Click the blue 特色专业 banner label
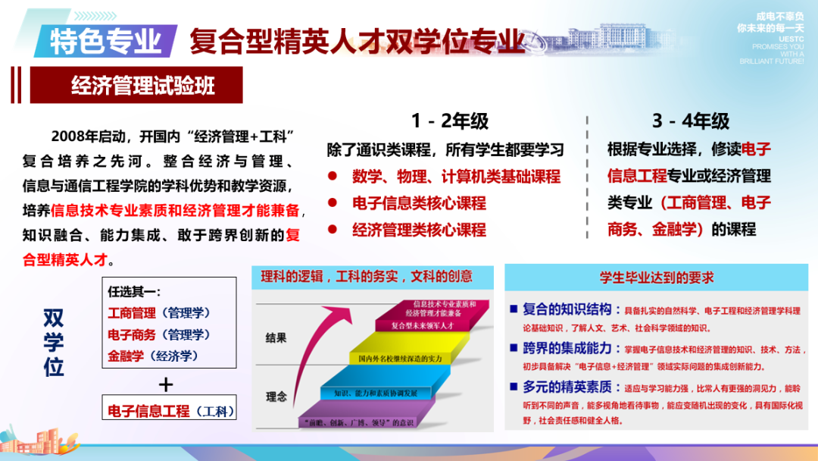[x=105, y=40]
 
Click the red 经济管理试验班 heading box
[x=136, y=85]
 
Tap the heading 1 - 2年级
[x=450, y=121]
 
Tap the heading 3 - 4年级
[x=690, y=121]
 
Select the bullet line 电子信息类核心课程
[x=419, y=203]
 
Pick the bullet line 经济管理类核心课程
[x=419, y=230]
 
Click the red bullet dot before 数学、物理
[x=332, y=177]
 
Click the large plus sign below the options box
[x=166, y=384]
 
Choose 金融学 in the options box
[x=125, y=355]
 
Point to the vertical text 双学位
[x=54, y=343]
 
